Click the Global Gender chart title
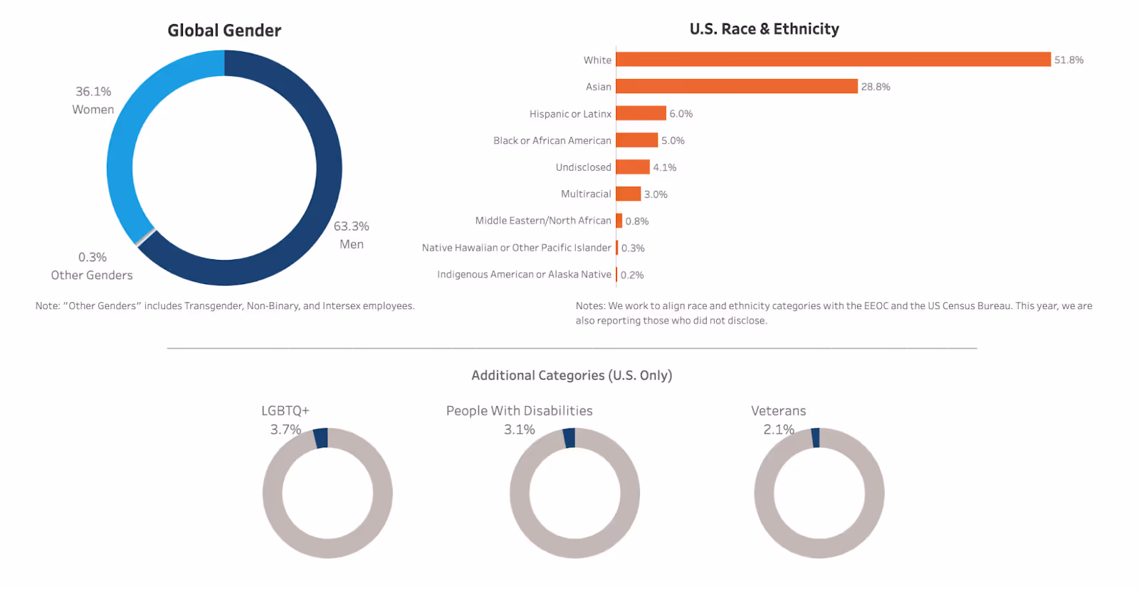[x=224, y=31]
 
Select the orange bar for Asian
[x=736, y=86]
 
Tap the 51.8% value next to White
[x=1069, y=60]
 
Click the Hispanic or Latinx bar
[x=641, y=113]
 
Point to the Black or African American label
[x=552, y=140]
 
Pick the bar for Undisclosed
[x=632, y=167]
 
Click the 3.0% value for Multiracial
[x=656, y=194]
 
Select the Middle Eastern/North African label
[x=543, y=221]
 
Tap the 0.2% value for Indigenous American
[x=632, y=275]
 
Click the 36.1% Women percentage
[x=93, y=92]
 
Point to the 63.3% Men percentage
[x=351, y=226]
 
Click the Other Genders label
[x=92, y=275]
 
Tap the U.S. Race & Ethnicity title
[x=764, y=29]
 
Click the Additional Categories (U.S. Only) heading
[x=572, y=375]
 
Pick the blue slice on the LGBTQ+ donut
[x=321, y=437]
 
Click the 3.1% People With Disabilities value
[x=519, y=429]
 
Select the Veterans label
[x=778, y=411]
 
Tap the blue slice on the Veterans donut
[x=816, y=437]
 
